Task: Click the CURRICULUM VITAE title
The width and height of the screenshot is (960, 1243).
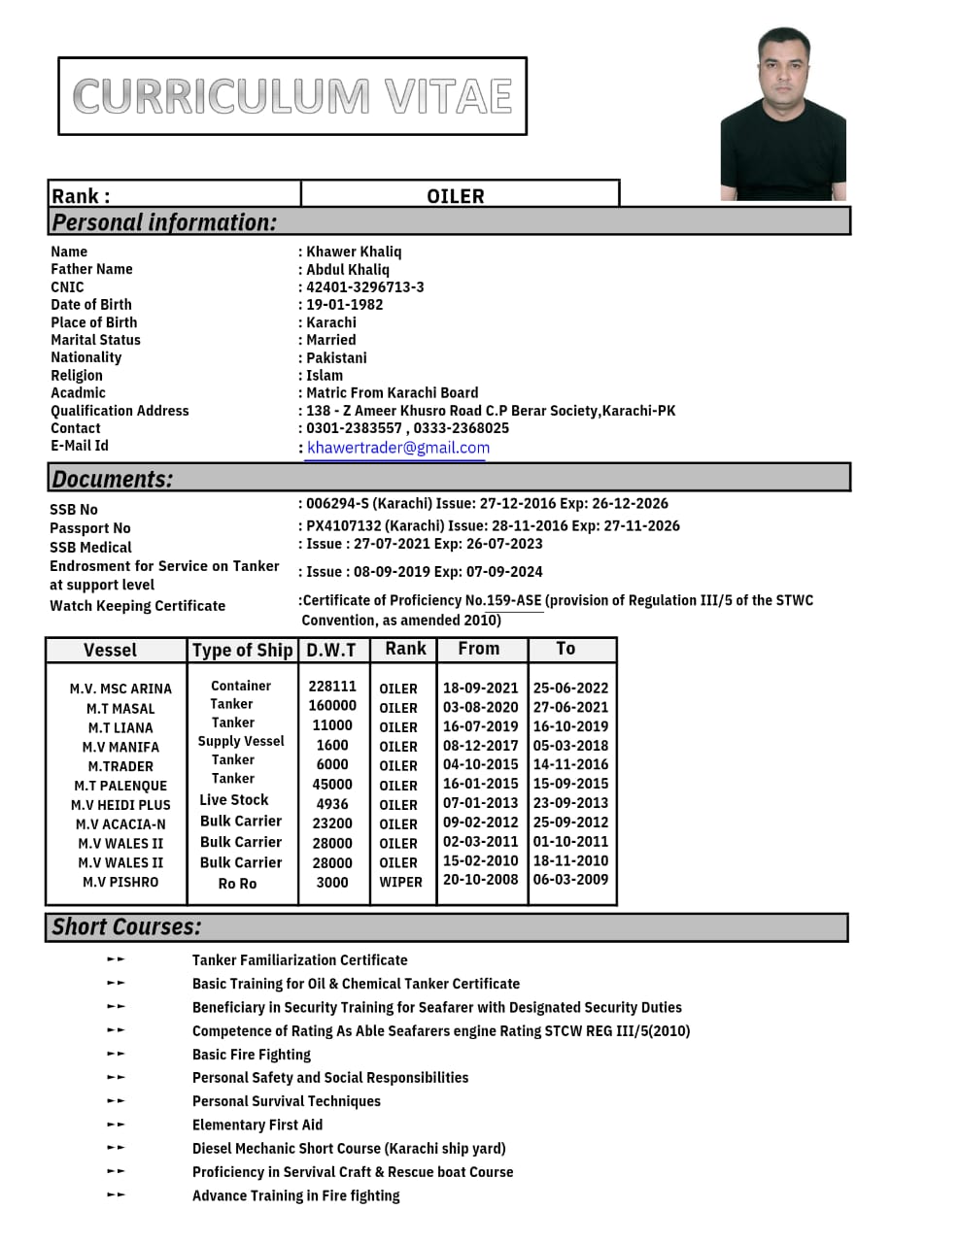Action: pos(292,96)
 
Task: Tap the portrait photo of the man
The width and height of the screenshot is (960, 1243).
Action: pos(783,115)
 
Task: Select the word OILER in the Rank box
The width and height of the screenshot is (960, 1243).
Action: pos(455,196)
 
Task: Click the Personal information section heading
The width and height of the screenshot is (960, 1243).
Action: pos(164,222)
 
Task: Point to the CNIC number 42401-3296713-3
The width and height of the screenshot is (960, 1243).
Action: pos(365,287)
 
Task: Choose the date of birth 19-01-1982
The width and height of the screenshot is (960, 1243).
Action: pos(345,305)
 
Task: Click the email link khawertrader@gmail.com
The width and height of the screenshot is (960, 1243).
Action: pos(398,448)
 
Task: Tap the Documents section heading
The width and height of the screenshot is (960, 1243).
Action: pos(113,479)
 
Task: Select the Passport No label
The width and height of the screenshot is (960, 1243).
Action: pos(90,528)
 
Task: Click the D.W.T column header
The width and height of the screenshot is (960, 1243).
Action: pos(331,650)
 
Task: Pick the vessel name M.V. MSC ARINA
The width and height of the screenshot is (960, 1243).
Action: pos(120,689)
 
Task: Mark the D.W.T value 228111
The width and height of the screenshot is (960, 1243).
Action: pos(332,687)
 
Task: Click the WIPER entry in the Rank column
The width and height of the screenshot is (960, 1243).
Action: pos(400,883)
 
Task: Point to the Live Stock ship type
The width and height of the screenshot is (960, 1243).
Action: pos(234,800)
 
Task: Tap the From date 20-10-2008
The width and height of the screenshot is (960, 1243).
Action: pos(481,880)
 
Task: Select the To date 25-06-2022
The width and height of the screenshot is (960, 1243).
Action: pos(570,689)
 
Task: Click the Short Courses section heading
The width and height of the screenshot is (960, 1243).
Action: pos(126,927)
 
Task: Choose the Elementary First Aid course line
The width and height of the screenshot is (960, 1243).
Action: pos(257,1125)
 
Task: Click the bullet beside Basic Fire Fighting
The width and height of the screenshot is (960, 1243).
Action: pos(116,1054)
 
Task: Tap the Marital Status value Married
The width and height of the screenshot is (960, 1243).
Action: pos(331,340)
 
